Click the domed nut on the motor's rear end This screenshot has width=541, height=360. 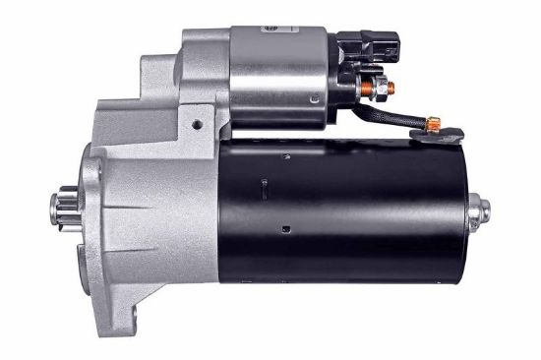[x=482, y=209]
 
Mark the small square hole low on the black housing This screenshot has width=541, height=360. [x=285, y=231]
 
